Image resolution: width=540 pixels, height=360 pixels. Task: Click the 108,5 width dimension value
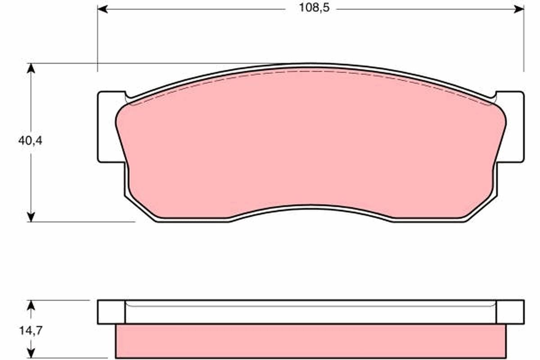(x=311, y=9)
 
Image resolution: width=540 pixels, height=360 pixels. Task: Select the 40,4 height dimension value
(x=30, y=140)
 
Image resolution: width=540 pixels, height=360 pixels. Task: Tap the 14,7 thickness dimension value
(x=30, y=330)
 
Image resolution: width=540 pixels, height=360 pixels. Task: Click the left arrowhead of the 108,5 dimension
(x=102, y=9)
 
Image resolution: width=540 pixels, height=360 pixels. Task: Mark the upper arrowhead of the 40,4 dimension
(x=31, y=68)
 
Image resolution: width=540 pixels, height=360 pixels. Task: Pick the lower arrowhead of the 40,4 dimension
(x=31, y=216)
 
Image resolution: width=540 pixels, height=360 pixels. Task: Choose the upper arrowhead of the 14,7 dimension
(x=31, y=305)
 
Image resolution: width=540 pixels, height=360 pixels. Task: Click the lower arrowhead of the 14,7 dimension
(x=31, y=354)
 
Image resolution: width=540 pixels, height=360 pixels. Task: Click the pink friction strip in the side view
(x=310, y=341)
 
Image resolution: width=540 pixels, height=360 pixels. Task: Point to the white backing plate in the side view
(x=310, y=312)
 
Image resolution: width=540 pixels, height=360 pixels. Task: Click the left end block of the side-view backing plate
(x=111, y=312)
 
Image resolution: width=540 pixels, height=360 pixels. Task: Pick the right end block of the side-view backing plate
(x=510, y=312)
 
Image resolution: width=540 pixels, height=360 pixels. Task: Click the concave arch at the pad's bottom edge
(x=310, y=208)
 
